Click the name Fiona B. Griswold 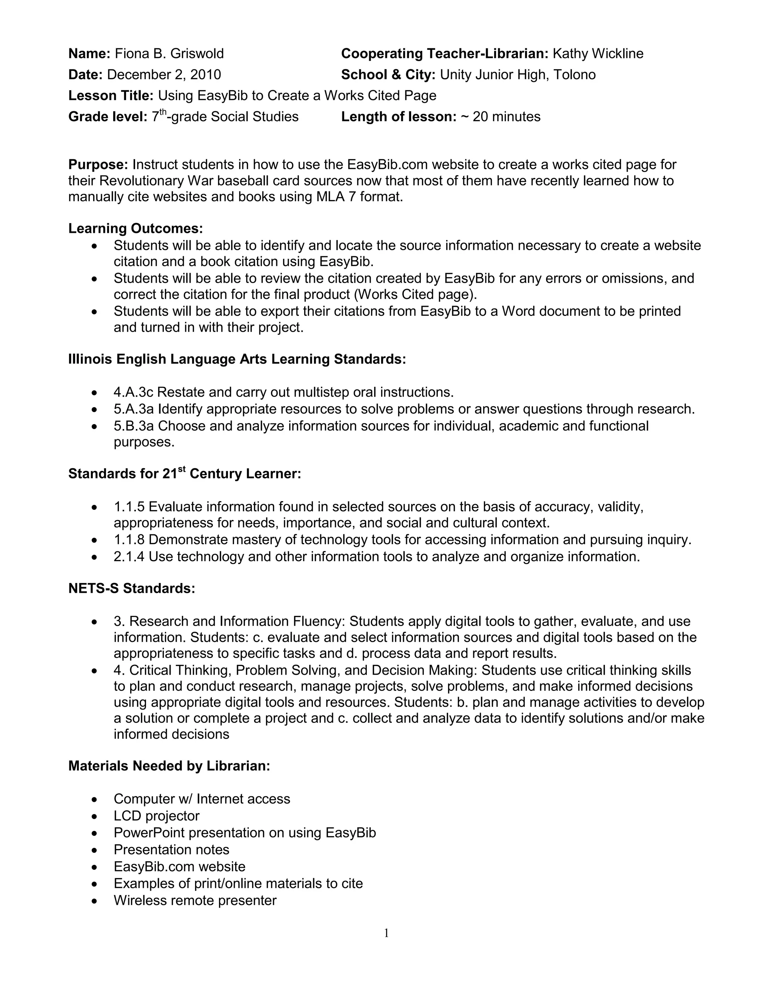169,54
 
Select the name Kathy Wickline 597,54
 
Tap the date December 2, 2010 164,75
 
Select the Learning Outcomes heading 136,228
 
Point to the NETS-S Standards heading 132,588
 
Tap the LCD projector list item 157,816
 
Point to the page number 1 386,933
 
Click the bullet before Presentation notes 94,850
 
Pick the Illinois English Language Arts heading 237,359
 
